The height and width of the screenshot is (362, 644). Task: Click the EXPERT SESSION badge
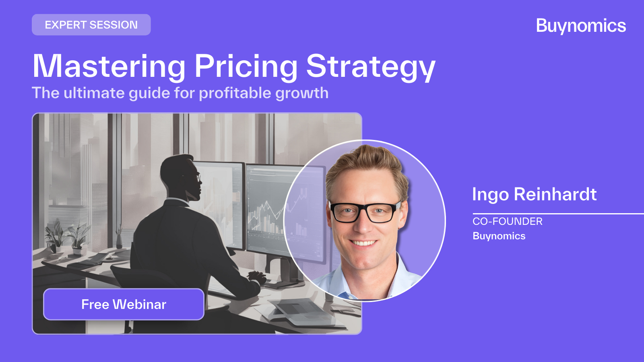click(91, 25)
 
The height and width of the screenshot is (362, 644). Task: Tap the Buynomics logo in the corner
click(581, 26)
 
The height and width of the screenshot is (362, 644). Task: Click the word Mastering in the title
click(109, 66)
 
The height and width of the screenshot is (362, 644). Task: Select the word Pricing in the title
click(246, 66)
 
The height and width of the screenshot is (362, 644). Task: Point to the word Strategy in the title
click(370, 66)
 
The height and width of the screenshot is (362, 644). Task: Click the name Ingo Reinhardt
click(534, 194)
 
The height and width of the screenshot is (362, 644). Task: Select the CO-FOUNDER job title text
click(507, 221)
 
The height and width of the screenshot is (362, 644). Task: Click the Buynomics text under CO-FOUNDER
click(499, 236)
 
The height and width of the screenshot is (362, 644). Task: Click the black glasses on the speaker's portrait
click(364, 212)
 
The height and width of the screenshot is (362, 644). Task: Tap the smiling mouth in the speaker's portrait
click(364, 243)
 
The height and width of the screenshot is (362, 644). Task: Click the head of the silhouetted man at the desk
click(179, 175)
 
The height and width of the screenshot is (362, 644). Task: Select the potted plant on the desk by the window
click(76, 237)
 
